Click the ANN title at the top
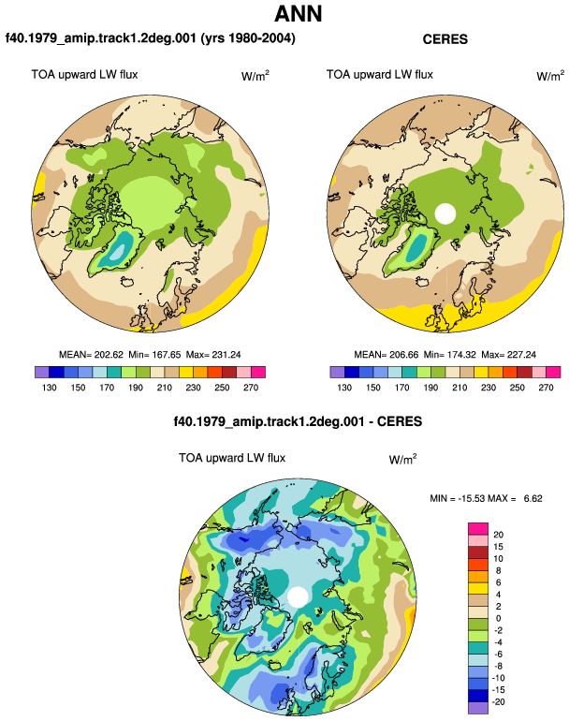[298, 13]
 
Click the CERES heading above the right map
[445, 39]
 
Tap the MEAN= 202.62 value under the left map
[91, 355]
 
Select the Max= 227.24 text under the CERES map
[508, 355]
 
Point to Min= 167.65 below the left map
[154, 355]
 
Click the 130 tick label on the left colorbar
[50, 388]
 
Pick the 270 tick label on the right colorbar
[546, 388]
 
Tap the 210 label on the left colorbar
[164, 388]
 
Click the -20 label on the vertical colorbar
[498, 701]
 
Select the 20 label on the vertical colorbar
[498, 535]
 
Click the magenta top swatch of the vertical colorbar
[478, 529]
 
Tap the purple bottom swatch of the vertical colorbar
[478, 708]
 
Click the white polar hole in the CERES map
[445, 213]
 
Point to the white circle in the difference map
[298, 596]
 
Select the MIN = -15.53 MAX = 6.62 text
[486, 498]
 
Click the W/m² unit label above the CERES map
[550, 76]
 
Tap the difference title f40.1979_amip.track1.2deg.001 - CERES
[298, 421]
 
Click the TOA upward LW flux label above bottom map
[232, 458]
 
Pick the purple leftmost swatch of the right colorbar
[337, 372]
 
